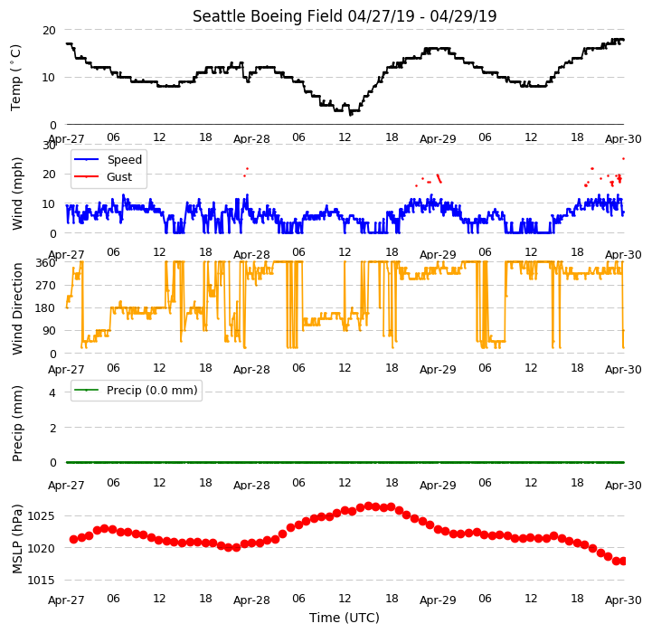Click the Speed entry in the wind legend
[109, 160]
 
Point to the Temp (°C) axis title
[15, 78]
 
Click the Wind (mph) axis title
[16, 194]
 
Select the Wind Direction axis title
[16, 308]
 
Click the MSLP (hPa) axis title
[16, 539]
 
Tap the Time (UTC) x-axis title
[345, 618]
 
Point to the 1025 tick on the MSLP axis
[41, 516]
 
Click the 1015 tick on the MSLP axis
[41, 581]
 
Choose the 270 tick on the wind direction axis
[46, 286]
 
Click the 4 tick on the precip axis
[52, 392]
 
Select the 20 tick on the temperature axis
[49, 31]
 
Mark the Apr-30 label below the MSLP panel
[623, 600]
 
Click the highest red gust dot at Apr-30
[623, 159]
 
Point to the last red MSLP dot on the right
[623, 562]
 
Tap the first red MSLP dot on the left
[73, 540]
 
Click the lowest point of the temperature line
[351, 114]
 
